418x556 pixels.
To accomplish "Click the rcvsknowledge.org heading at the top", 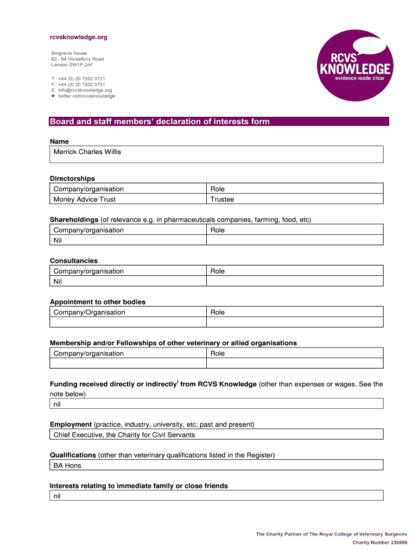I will click(79, 37).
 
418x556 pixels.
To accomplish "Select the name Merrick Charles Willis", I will click(87, 152).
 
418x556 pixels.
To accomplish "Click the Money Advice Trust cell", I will click(84, 199).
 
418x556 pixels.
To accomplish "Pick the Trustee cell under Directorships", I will click(222, 199).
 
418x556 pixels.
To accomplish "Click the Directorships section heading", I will click(72, 179).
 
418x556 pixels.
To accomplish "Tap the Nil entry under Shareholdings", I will click(58, 241).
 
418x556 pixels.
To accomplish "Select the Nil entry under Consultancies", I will click(58, 282).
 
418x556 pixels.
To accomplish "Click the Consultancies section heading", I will click(74, 261).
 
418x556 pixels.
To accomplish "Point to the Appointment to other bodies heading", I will click(98, 302).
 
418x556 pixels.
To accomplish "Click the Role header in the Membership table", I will click(217, 353).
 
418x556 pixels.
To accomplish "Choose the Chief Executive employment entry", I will click(124, 435).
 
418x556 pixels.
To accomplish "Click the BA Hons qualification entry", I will click(67, 466).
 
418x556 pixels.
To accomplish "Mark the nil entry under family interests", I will click(57, 496).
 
